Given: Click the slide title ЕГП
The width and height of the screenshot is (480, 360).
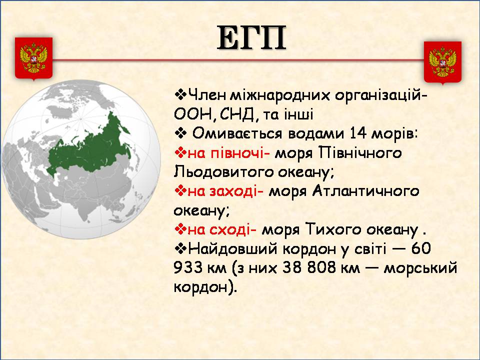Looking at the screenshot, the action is pyautogui.click(x=251, y=38).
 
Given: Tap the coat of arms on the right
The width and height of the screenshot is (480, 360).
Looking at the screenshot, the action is pyautogui.click(x=442, y=62).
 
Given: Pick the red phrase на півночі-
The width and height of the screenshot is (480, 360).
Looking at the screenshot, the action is pyautogui.click(x=228, y=153).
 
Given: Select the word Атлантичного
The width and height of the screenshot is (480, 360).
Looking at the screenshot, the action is pyautogui.click(x=365, y=191).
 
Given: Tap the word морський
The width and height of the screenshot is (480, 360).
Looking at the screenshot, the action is pyautogui.click(x=420, y=268).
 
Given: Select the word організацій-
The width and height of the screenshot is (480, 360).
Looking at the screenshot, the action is pyautogui.click(x=381, y=96).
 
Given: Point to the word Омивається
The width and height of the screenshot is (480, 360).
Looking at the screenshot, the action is pyautogui.click(x=237, y=134).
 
